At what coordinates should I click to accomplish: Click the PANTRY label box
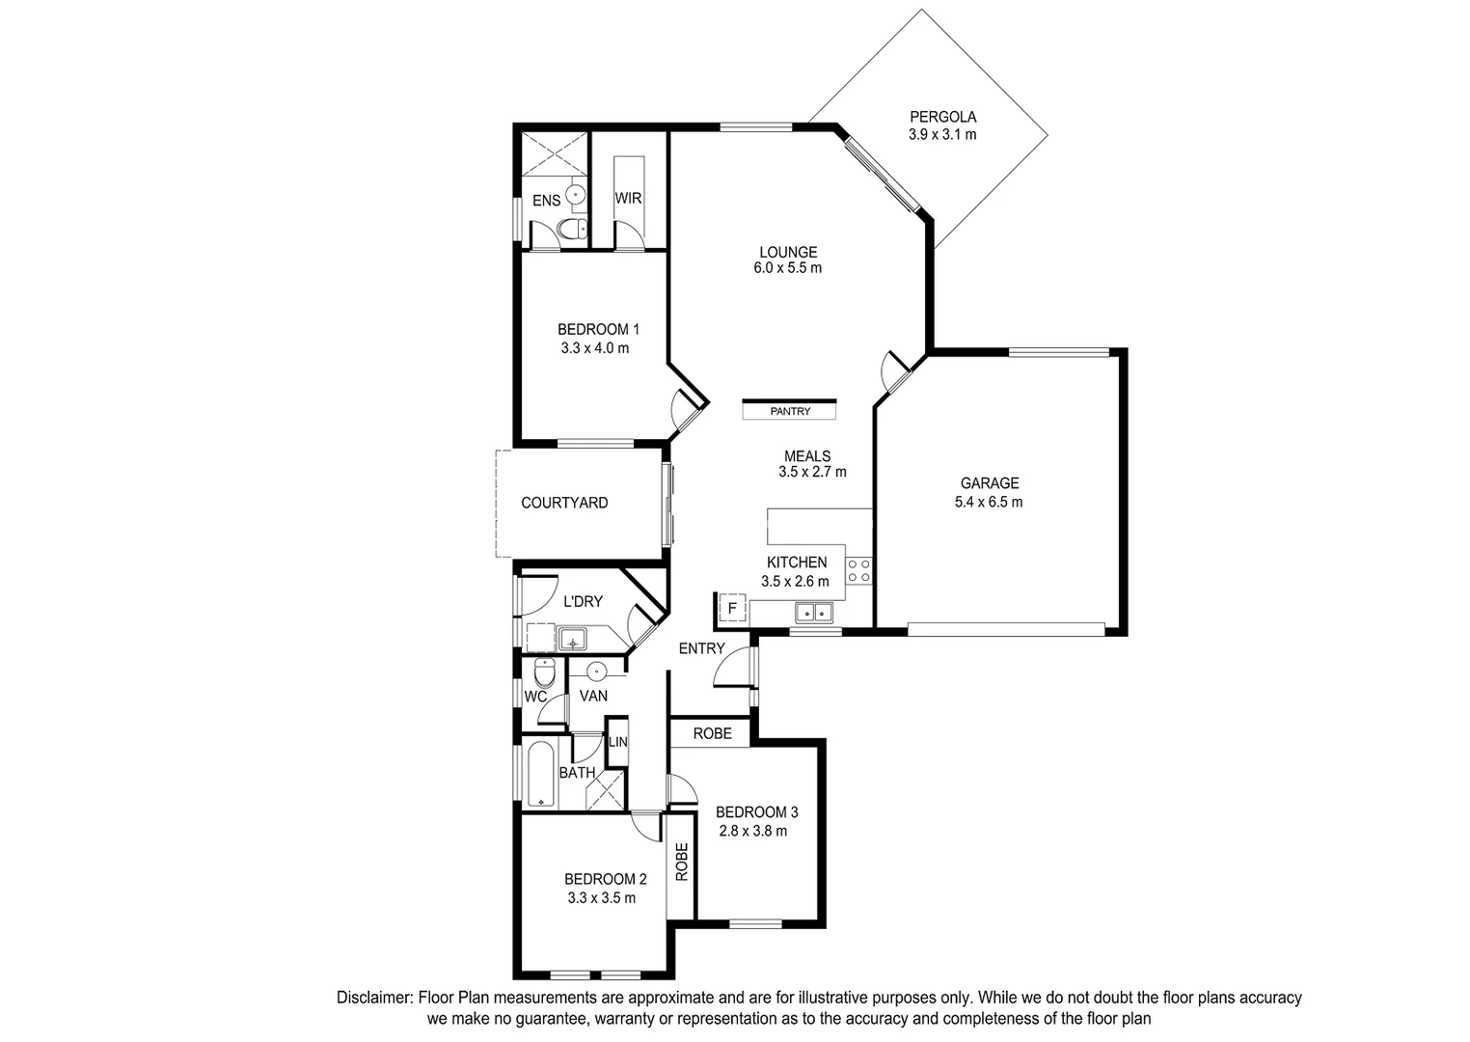pos(789,411)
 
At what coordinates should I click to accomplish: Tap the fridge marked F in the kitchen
pos(732,609)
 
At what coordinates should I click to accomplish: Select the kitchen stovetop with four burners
pos(858,570)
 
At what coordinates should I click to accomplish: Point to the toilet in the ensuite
pos(572,230)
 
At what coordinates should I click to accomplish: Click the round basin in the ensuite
pos(576,194)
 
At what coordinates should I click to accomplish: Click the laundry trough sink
pos(572,640)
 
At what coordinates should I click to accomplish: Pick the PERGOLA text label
pos(941,117)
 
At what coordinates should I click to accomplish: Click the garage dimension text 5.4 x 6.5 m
pos(989,502)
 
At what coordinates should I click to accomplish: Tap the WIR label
pos(628,198)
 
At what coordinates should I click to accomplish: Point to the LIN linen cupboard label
pos(617,742)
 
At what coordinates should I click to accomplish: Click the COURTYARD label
pos(564,503)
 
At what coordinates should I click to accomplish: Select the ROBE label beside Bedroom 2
pos(681,862)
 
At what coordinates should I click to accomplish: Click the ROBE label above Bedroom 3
pos(712,733)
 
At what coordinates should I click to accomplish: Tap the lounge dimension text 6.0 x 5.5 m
pos(787,268)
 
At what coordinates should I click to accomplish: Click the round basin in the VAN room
pos(596,671)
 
